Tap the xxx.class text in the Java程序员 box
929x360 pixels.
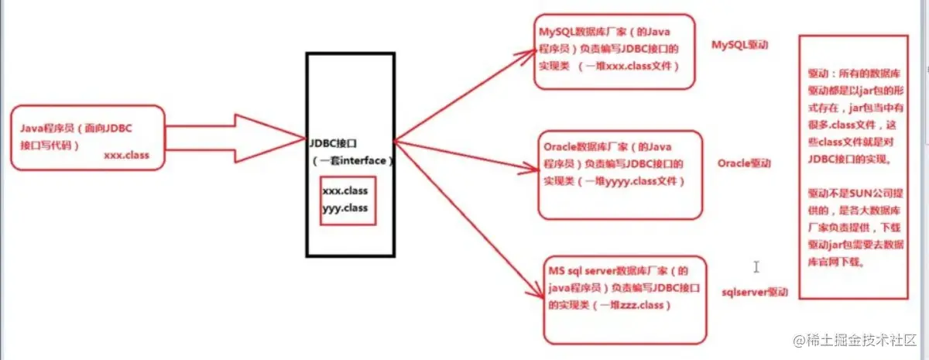click(x=126, y=155)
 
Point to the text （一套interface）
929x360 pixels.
click(x=352, y=160)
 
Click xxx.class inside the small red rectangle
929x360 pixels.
click(x=345, y=190)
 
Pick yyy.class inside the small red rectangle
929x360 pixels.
click(x=345, y=207)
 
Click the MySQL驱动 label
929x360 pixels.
click(x=745, y=45)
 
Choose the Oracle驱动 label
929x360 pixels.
click(x=744, y=164)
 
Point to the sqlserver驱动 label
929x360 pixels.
click(x=754, y=293)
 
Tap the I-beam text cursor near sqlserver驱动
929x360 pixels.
click(x=756, y=267)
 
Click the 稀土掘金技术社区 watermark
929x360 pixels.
click(x=855, y=341)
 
